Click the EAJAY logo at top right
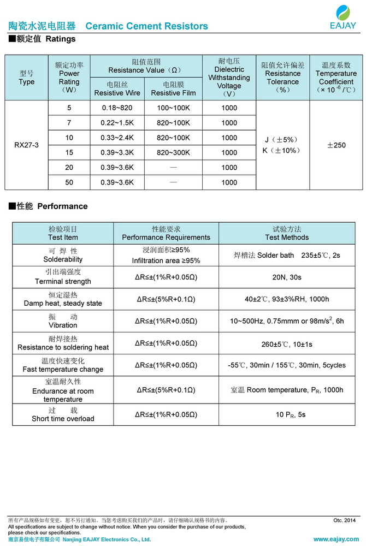pos(343,16)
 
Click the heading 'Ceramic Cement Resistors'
pos(147,26)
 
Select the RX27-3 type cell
pos(26,145)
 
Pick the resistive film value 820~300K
pos(173,153)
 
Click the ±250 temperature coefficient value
pos(336,145)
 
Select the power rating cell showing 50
pos(69,182)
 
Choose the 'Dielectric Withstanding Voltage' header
pos(229,78)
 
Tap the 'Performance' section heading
pos(62,206)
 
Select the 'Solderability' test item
pos(63,259)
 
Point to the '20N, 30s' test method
pos(287,277)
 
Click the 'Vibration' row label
pos(63,325)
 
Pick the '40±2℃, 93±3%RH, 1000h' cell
pos(287,299)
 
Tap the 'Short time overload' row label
pos(63,419)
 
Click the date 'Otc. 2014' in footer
pos(344,520)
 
